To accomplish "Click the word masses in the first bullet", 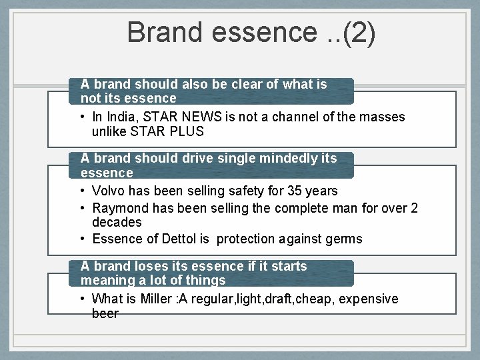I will click(382, 117).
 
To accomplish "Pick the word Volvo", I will click(109, 191).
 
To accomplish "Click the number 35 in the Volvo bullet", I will click(295, 191).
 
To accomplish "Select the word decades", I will click(117, 222).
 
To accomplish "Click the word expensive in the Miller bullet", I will click(369, 299).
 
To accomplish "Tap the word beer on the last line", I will click(105, 313).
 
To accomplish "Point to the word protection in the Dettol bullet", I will click(248, 239).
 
